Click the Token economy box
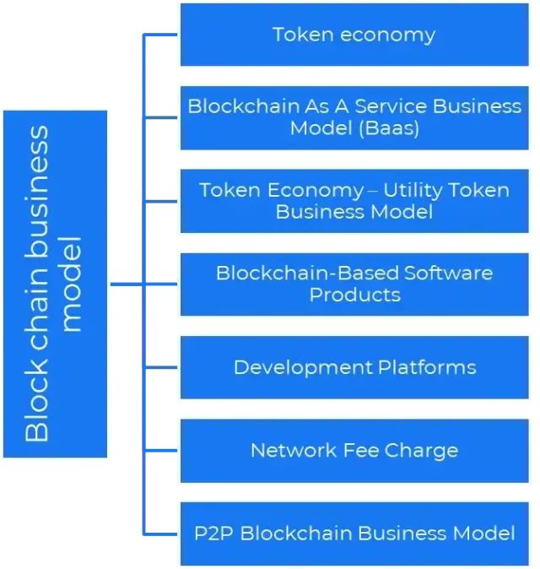[x=354, y=35]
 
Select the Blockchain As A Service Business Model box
[x=354, y=117]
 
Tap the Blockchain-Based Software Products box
[x=354, y=284]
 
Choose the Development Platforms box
[x=354, y=367]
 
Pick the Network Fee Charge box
[x=354, y=450]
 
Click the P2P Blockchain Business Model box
[x=354, y=534]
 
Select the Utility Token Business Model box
[x=354, y=201]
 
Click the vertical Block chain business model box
[x=56, y=284]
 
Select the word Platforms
[x=426, y=368]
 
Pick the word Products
[x=354, y=295]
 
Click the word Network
[x=286, y=450]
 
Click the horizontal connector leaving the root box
[x=127, y=284]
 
